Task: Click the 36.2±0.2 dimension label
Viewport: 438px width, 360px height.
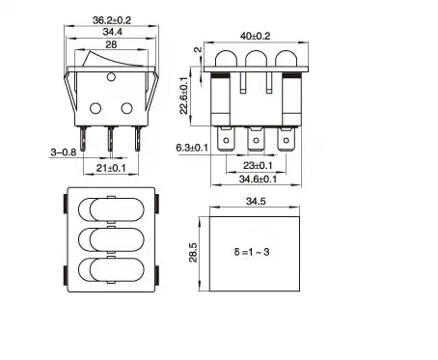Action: click(112, 20)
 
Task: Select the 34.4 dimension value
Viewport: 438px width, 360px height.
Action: click(112, 32)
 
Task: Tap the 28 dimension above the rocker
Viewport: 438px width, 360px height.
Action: click(111, 44)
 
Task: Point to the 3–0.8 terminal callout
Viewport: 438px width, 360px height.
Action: click(64, 152)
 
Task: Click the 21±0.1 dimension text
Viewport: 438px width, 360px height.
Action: click(111, 168)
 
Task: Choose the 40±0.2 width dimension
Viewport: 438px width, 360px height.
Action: click(256, 36)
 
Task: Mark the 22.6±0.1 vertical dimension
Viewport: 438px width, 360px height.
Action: click(183, 96)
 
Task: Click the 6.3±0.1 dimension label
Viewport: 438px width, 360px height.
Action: click(192, 148)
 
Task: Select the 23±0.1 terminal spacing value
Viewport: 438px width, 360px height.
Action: click(258, 165)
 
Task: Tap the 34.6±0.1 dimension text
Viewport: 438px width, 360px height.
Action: click(258, 179)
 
